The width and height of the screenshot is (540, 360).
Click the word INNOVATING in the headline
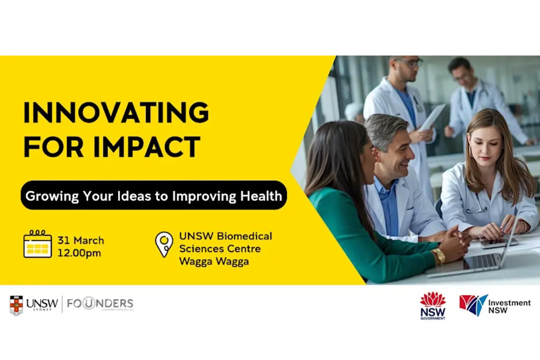[x=116, y=112]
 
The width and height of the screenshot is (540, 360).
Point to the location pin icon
[x=164, y=244]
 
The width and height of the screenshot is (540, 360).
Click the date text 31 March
[x=81, y=240]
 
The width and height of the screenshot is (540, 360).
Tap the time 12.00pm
[x=79, y=253]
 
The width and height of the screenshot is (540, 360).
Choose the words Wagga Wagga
[x=214, y=261]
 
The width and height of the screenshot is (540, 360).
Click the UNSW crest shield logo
[x=16, y=305]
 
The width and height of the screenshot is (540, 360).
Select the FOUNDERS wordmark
[x=100, y=304]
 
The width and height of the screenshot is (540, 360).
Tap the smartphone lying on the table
[x=498, y=243]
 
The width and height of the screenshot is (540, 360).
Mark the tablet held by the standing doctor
[x=432, y=117]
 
